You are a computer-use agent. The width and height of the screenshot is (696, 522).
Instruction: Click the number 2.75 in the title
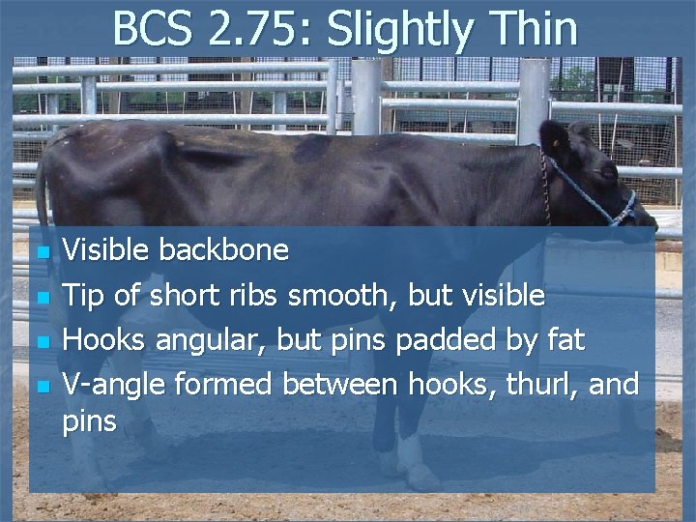point(256,29)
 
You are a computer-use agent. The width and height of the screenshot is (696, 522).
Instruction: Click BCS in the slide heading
point(154,29)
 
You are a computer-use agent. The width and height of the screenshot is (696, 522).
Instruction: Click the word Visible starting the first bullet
point(106,250)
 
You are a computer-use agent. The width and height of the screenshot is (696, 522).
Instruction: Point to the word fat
point(565,339)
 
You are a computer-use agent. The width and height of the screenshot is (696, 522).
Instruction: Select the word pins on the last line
point(89,421)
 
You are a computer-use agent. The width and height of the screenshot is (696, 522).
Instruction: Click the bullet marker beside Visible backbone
point(41,253)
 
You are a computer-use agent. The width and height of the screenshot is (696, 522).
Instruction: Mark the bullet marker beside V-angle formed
point(41,387)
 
